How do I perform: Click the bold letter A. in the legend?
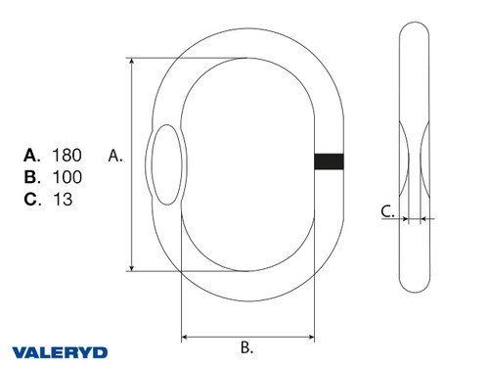tap(31, 155)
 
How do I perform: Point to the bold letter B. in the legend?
tap(31, 177)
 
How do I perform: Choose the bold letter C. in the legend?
tap(31, 200)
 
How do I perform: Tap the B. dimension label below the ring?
tap(247, 346)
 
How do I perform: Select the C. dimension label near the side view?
tap(387, 210)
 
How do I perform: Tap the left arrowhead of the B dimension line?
tap(186, 336)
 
